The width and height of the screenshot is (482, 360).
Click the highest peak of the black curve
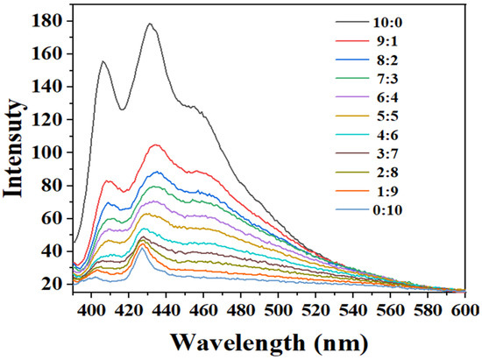[149, 24]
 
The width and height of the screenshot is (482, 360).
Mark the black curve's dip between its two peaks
[122, 109]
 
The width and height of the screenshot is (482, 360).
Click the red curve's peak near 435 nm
[155, 145]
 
